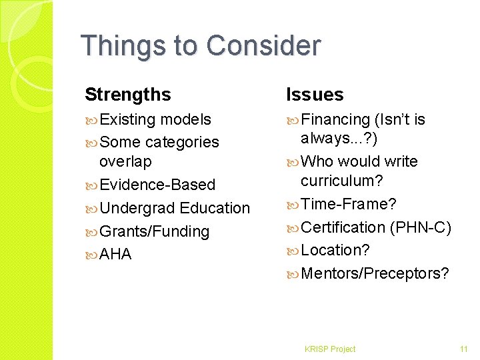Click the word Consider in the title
tap(264, 46)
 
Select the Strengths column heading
tap(128, 95)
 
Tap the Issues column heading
tap(315, 95)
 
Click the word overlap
tap(125, 162)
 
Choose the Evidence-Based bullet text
tap(157, 185)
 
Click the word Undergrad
tap(137, 208)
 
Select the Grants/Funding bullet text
tap(155, 231)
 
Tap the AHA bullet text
tap(115, 255)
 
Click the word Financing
tap(335, 119)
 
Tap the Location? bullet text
tap(335, 250)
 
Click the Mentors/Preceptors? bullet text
tap(375, 273)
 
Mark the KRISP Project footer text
tap(329, 349)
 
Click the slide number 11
tap(464, 349)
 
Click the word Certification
tap(343, 227)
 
